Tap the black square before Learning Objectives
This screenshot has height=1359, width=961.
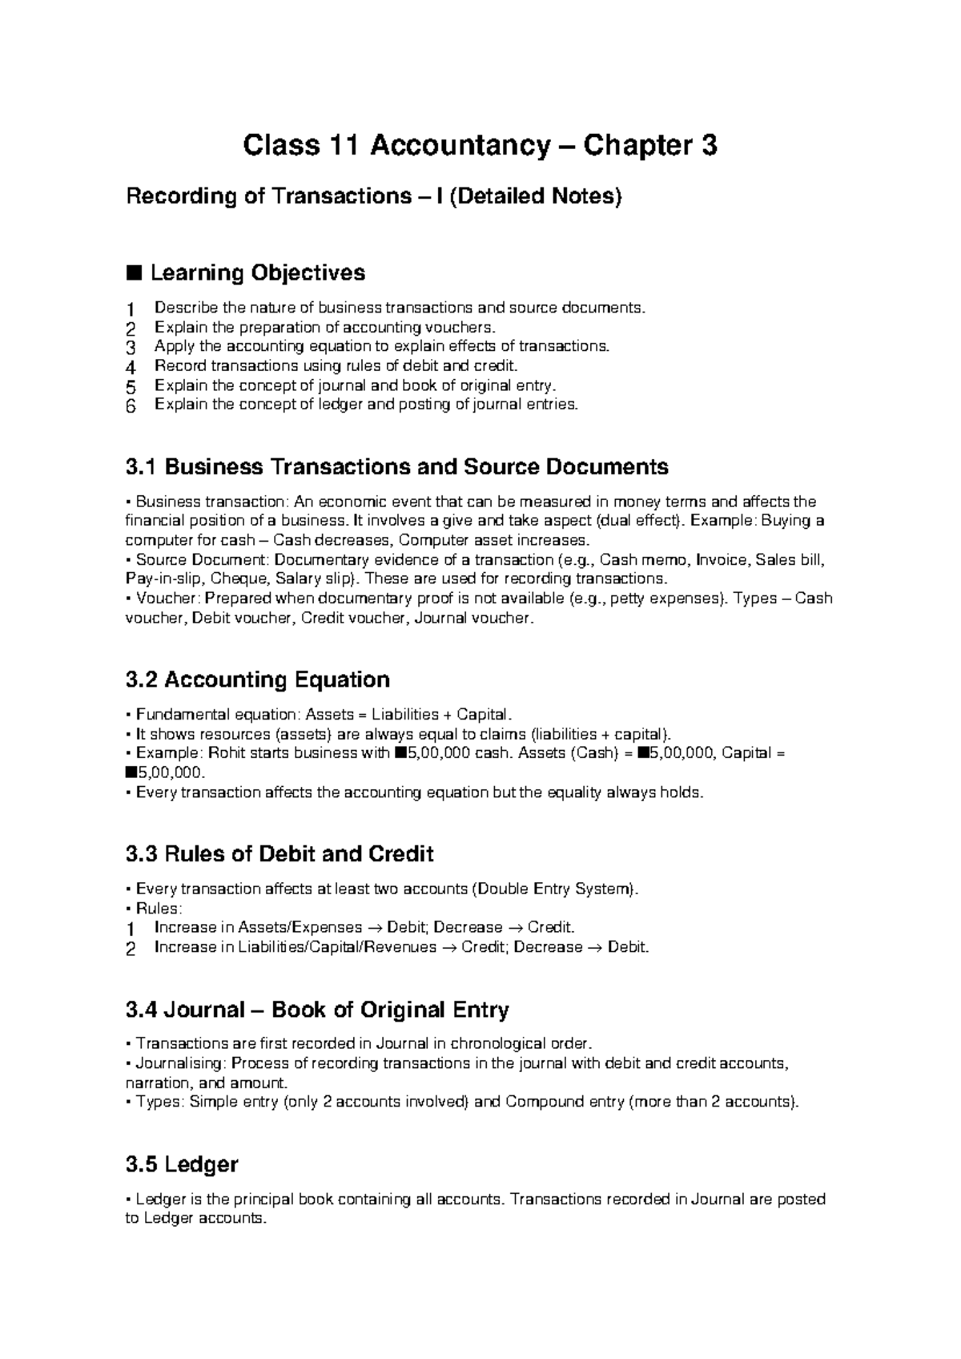[134, 273]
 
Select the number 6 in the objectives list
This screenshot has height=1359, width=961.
[131, 405]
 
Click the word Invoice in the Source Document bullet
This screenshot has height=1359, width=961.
[721, 559]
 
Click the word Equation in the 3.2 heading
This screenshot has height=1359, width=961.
[342, 679]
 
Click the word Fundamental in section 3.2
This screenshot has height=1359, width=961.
[181, 714]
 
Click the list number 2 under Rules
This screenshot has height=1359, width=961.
[131, 948]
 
